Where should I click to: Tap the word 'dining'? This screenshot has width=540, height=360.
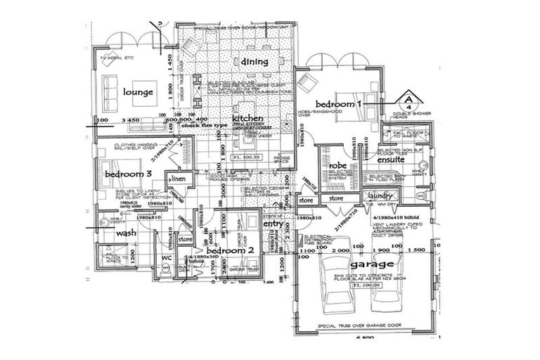[255, 62]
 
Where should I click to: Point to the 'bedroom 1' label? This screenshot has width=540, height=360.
[337, 103]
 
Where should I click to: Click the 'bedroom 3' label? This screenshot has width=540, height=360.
[128, 174]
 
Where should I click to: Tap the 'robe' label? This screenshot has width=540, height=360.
[338, 165]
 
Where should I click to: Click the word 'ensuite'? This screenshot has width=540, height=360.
[391, 160]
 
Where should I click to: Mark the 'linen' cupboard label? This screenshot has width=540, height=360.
[177, 181]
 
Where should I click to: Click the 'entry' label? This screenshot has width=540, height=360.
[272, 223]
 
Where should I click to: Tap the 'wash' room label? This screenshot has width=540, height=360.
[127, 233]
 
